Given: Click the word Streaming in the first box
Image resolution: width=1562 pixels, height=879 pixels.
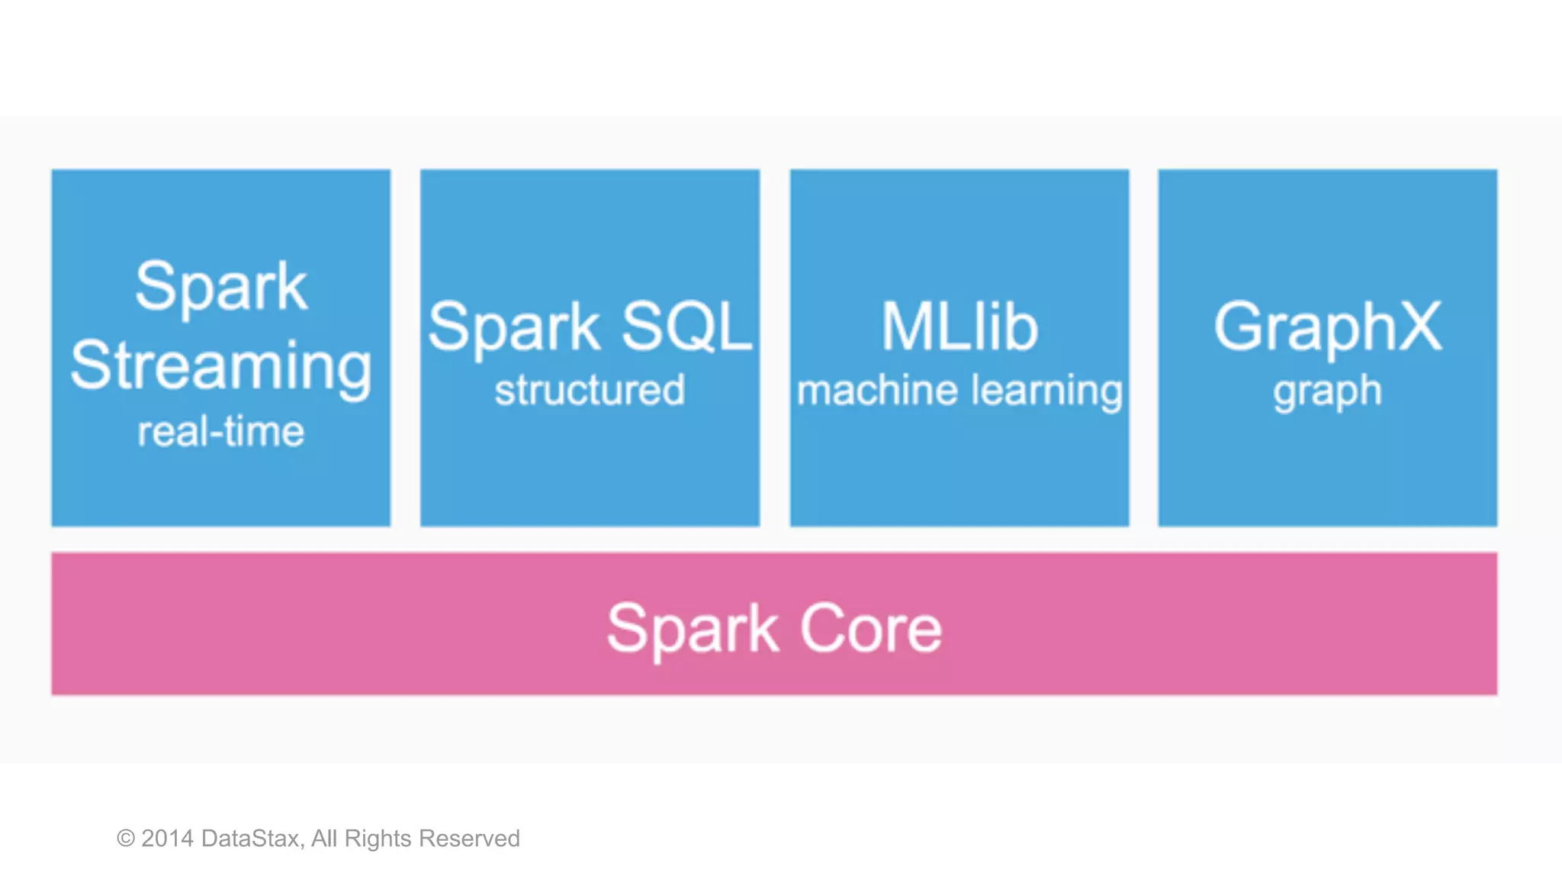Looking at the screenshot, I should click(221, 366).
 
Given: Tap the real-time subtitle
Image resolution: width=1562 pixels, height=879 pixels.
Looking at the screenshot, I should click(221, 432).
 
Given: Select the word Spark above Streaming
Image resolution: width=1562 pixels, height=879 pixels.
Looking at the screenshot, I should click(221, 286).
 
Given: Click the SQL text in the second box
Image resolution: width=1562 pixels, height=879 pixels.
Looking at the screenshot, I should click(686, 327).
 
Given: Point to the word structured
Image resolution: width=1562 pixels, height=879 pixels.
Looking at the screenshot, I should click(590, 390).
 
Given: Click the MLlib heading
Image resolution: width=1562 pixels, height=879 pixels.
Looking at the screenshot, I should click(959, 327).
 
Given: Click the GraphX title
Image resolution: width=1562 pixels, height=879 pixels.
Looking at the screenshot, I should click(1327, 327).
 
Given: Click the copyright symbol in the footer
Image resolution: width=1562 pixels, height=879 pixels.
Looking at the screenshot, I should click(126, 839).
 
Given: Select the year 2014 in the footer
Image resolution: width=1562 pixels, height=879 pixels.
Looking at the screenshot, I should click(168, 839).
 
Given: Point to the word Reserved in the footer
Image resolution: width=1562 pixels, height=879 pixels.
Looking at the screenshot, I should click(470, 839).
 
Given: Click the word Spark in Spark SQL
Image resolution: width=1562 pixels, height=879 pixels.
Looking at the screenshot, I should click(513, 327).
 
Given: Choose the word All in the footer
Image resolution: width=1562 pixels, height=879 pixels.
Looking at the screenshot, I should click(324, 839).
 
